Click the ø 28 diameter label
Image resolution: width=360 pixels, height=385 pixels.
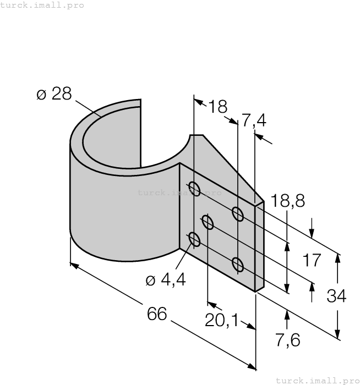(x=54, y=94)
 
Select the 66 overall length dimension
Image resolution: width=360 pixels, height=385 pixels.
(x=157, y=315)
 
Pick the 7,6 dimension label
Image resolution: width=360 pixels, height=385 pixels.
(x=287, y=340)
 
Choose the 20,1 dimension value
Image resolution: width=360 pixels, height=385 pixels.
(x=221, y=320)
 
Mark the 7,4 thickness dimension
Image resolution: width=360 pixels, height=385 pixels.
(x=254, y=120)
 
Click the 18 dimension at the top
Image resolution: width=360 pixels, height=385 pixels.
(x=217, y=106)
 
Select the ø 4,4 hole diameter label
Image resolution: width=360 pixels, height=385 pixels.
(x=165, y=280)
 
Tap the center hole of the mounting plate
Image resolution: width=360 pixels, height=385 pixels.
(x=208, y=223)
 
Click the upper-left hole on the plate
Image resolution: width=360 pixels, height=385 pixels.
(x=194, y=188)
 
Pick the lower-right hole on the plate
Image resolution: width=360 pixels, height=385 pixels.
(x=238, y=265)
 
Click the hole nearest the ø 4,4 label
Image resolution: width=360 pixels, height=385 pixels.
(x=194, y=239)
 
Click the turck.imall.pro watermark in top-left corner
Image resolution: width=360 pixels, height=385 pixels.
(x=42, y=5)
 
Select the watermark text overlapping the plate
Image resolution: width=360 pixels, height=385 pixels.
(x=179, y=193)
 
